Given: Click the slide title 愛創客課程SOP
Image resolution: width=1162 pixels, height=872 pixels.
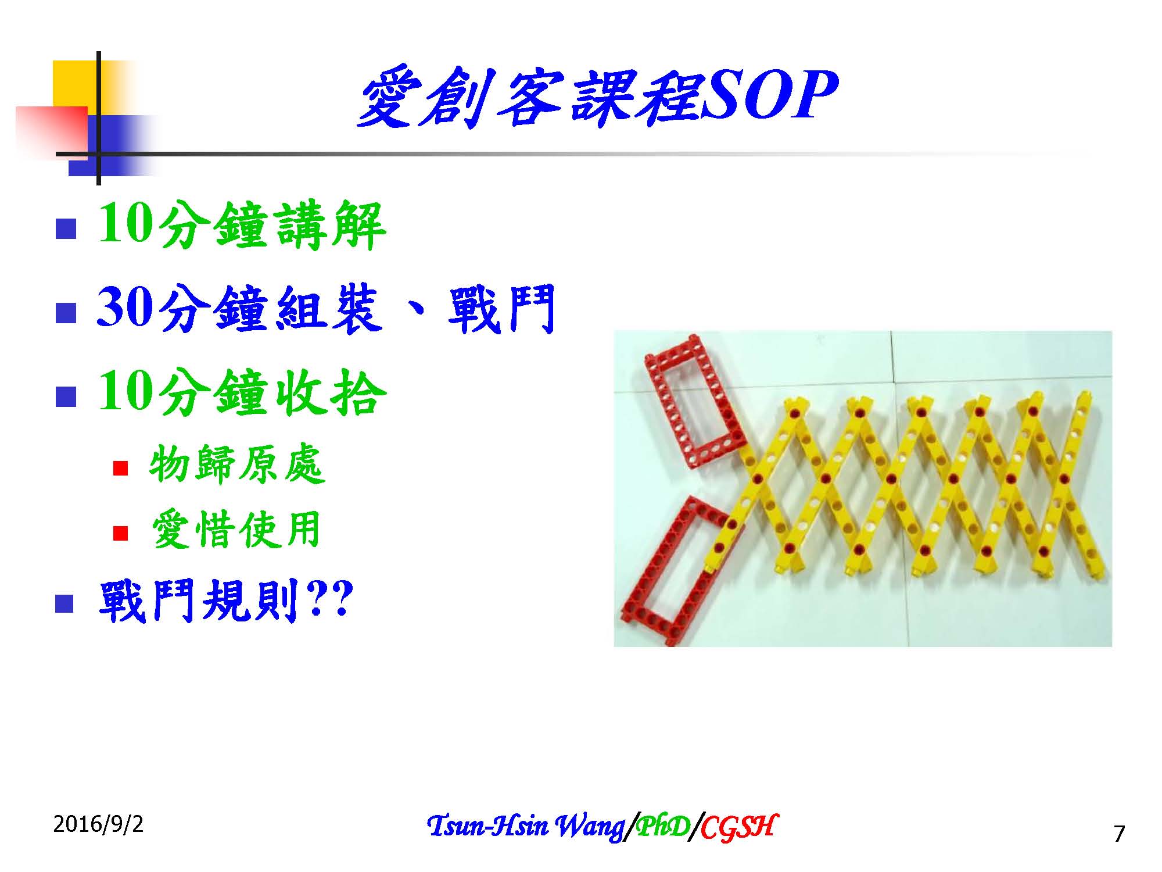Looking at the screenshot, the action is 597,98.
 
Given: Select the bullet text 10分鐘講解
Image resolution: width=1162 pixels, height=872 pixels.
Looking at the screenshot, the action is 242,226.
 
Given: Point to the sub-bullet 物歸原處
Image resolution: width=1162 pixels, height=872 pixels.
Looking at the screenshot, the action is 236,466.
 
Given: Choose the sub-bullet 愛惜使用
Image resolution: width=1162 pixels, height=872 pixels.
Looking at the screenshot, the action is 235,530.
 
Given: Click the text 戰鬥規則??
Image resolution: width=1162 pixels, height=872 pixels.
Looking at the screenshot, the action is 225,601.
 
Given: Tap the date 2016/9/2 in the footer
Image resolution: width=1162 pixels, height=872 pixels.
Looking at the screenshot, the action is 98,824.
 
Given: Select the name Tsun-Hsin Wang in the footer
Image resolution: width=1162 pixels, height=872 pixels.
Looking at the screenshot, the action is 525,826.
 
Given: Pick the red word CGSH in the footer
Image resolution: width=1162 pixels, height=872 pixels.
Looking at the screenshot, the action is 737,826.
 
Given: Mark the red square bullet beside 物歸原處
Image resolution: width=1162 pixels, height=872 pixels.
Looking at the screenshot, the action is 120,468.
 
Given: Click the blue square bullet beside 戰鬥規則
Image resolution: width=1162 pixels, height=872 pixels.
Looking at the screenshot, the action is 64,603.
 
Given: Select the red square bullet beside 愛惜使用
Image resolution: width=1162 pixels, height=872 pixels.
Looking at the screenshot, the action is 120,533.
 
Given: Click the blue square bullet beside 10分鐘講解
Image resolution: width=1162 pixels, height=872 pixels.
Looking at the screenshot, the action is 66,229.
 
